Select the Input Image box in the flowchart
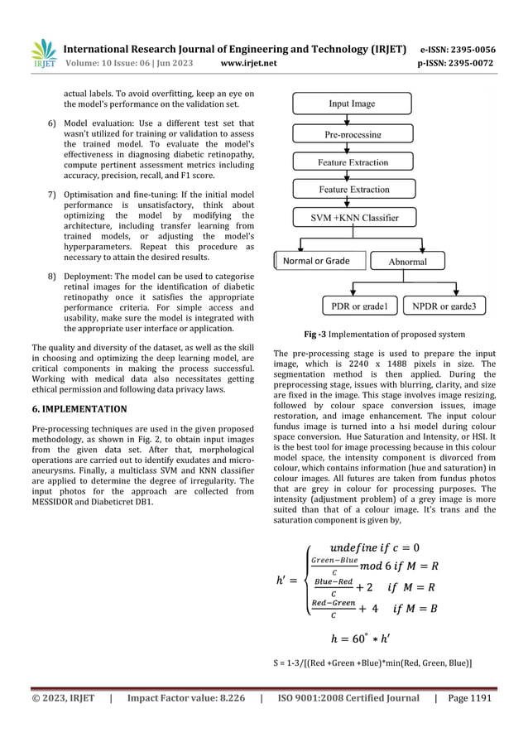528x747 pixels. [x=352, y=104]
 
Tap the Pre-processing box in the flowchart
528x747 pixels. [x=352, y=133]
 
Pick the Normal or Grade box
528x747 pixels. [x=316, y=261]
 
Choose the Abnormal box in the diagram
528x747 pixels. [x=407, y=262]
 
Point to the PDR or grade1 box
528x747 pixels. [x=358, y=306]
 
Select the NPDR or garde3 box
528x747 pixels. [x=450, y=306]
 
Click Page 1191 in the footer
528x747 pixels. [x=471, y=699]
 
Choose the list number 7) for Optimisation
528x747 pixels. [x=51, y=195]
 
